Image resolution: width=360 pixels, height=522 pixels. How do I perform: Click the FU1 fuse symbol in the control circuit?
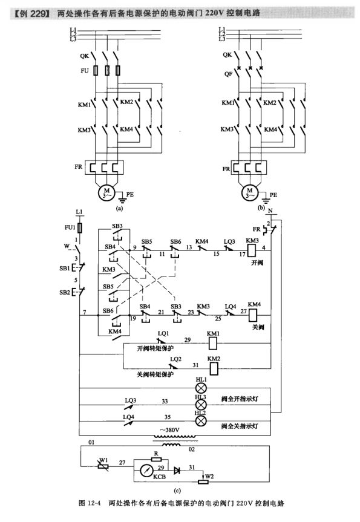(80, 228)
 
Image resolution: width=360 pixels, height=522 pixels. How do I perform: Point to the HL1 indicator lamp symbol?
(200, 387)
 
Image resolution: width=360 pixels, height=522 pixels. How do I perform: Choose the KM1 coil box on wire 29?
(213, 344)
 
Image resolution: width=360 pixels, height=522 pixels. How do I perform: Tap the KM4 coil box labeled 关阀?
(254, 314)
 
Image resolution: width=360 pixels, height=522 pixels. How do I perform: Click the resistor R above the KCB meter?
(156, 460)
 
